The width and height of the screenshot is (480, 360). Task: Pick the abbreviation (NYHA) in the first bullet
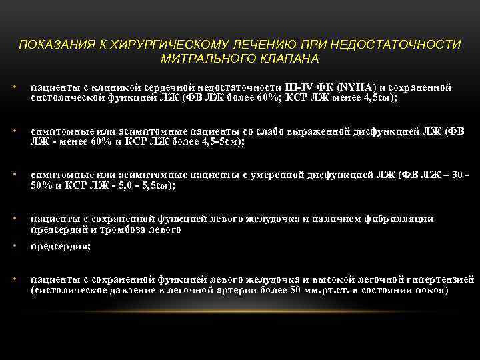click(x=357, y=87)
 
